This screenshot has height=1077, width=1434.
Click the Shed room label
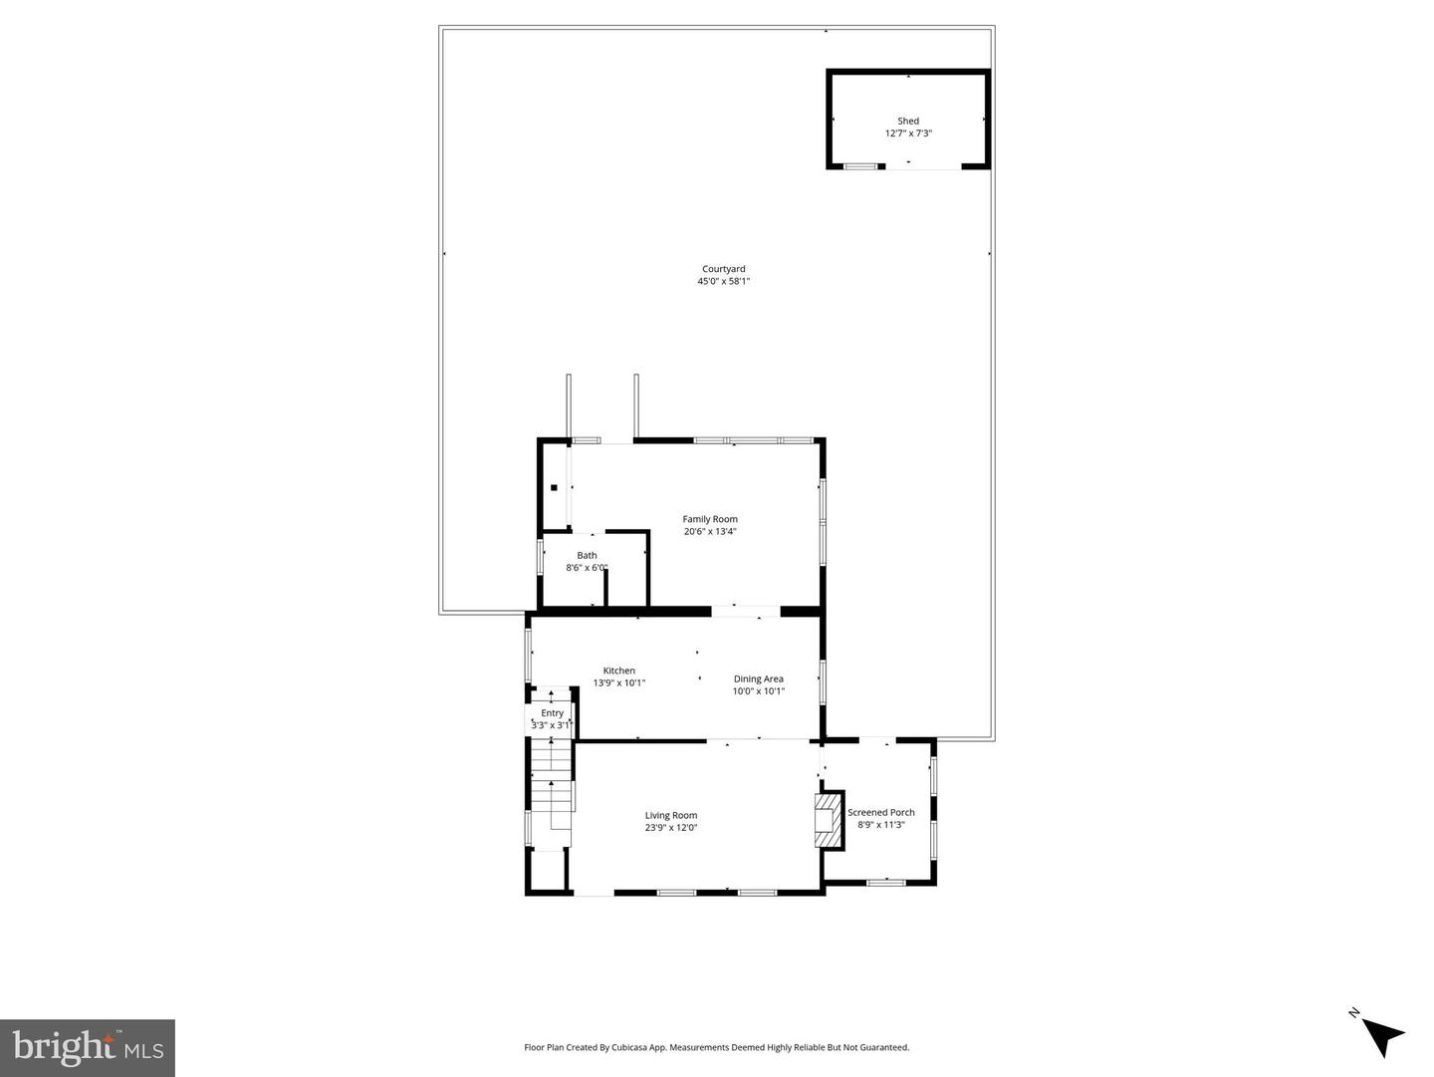pos(908,121)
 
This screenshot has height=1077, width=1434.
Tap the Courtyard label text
pos(723,269)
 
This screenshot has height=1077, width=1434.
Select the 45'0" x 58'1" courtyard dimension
pos(723,282)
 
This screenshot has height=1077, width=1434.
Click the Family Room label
pos(710,519)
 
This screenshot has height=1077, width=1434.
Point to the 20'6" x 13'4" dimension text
pos(710,532)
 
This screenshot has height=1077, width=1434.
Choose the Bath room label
pos(587,556)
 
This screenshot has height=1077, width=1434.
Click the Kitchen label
pos(618,671)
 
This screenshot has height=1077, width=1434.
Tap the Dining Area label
pos(758,678)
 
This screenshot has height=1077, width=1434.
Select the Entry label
pos(552,713)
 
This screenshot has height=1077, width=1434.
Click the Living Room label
pos(670,815)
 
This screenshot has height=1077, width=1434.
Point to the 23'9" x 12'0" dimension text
pos(670,828)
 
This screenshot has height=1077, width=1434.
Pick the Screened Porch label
pos(880,812)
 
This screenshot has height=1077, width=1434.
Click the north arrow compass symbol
pos(1381,1034)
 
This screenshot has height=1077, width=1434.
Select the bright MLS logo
pos(88,1048)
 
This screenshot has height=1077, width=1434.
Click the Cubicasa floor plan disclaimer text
pos(716,1047)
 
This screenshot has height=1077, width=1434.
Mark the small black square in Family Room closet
pos(554,487)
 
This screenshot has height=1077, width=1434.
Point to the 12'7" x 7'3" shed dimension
pos(908,134)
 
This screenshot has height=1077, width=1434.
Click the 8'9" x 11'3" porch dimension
pos(880,825)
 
